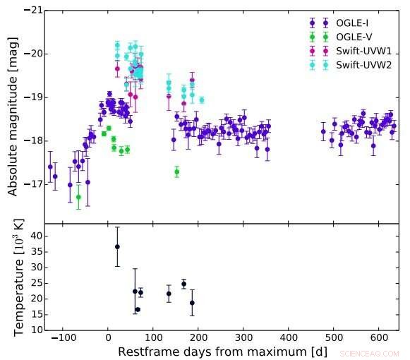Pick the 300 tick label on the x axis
tap(243, 340)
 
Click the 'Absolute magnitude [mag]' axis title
tap(12, 116)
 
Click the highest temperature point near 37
tap(117, 246)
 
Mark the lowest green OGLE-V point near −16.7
tap(78, 197)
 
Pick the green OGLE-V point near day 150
tap(176, 172)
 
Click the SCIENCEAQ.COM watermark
tap(370, 352)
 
